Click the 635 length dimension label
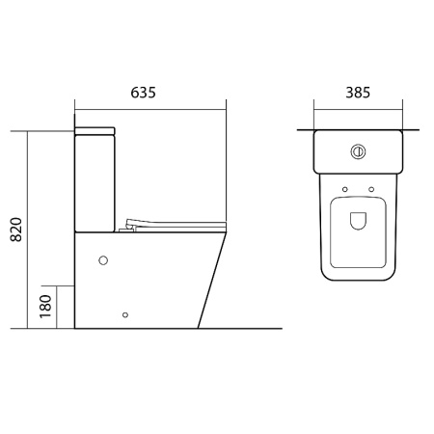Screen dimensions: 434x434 pos(143,93)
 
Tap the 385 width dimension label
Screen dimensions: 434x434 pos(358,93)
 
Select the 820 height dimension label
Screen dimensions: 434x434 pos(16,230)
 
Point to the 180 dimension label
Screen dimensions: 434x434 pos(45,307)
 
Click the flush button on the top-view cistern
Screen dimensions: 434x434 pos(358,151)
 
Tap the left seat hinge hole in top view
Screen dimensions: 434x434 pos(345,189)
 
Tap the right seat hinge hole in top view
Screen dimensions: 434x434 pos(371,189)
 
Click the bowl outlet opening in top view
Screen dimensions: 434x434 pos(358,221)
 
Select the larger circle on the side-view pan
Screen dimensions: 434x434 pos(103,260)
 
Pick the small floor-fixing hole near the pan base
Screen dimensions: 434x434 pos(125,314)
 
